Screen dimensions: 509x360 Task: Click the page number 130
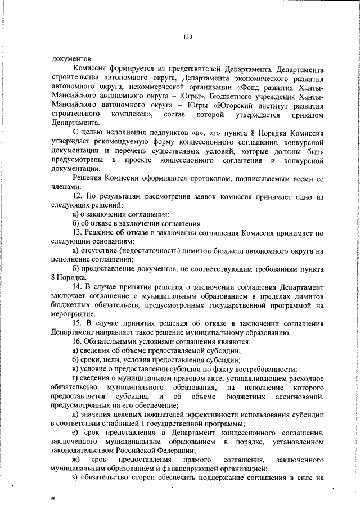188,37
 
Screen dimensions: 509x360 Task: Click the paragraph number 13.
78,232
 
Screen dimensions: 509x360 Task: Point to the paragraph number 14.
78,287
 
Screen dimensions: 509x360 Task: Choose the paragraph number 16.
78,342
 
